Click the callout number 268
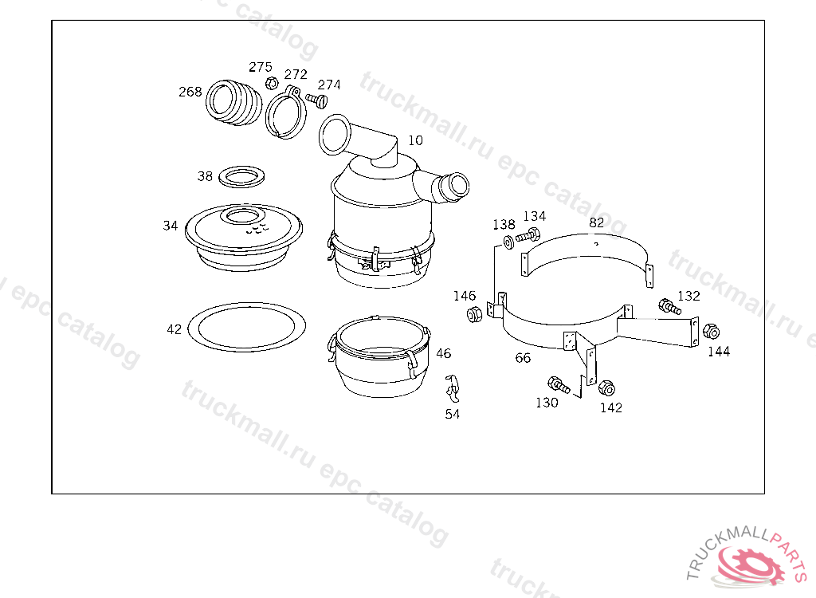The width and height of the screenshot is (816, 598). pyautogui.click(x=190, y=92)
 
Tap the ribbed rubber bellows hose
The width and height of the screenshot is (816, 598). pyautogui.click(x=233, y=103)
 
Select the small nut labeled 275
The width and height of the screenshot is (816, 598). pyautogui.click(x=271, y=83)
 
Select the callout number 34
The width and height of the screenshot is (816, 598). pyautogui.click(x=171, y=226)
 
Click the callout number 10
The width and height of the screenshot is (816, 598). pyautogui.click(x=415, y=140)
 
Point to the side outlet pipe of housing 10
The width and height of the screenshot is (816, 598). pyautogui.click(x=441, y=187)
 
